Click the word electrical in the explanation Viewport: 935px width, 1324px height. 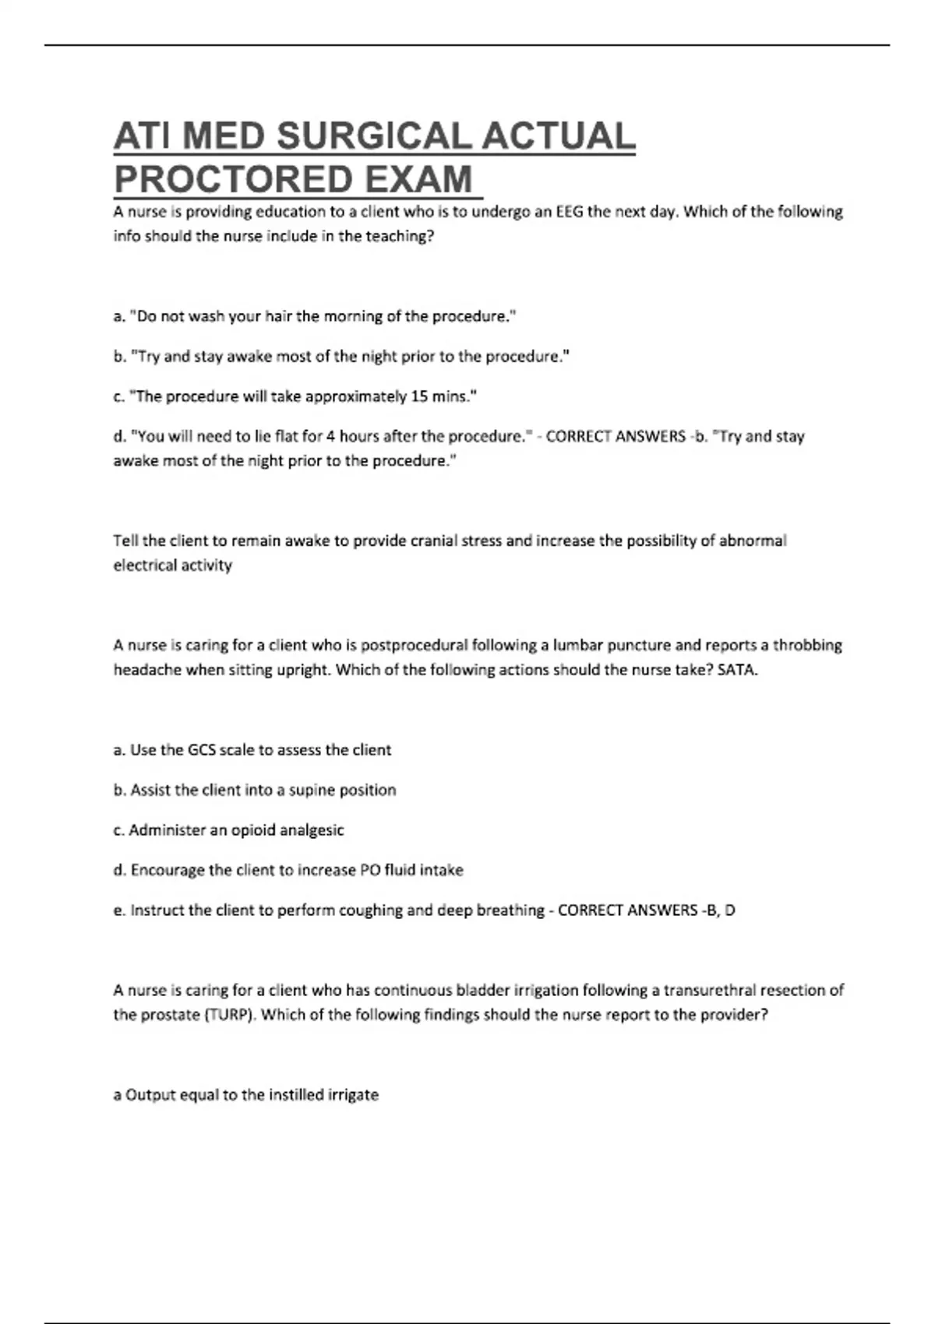(146, 565)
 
